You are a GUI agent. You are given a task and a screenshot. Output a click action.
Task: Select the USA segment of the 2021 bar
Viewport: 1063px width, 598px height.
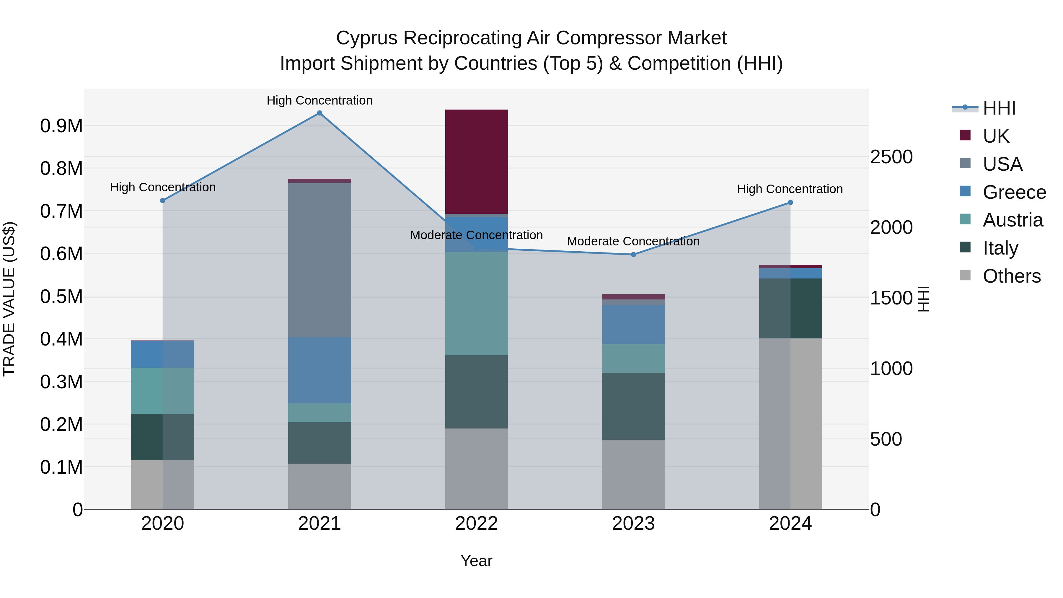(x=319, y=260)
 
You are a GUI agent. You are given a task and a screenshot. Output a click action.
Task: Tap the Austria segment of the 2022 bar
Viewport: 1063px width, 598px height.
(x=476, y=303)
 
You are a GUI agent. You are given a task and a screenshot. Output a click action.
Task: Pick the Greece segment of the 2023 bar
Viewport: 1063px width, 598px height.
(x=633, y=324)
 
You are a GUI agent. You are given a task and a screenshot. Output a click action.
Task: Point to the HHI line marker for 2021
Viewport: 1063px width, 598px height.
(x=319, y=113)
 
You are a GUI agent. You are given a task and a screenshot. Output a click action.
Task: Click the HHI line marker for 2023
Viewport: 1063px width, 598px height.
(x=633, y=255)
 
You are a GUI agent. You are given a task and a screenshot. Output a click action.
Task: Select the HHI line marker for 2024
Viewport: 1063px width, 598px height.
(x=790, y=202)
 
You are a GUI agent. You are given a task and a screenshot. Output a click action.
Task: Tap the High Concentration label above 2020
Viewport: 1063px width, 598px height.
(x=163, y=187)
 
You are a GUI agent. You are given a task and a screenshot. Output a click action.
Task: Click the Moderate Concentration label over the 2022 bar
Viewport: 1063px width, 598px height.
(x=476, y=235)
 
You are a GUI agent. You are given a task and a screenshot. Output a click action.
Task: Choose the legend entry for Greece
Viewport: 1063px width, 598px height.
(x=1014, y=192)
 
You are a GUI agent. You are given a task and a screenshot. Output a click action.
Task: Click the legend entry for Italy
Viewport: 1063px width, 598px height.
(x=1000, y=248)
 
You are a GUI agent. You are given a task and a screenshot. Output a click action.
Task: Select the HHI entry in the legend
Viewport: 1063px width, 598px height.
(x=999, y=108)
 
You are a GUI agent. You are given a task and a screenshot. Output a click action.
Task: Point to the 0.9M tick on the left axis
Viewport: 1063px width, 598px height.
(x=61, y=126)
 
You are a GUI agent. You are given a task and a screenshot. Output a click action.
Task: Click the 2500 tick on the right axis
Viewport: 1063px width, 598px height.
(x=891, y=157)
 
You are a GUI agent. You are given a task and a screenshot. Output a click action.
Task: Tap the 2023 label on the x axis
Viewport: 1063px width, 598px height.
(x=633, y=524)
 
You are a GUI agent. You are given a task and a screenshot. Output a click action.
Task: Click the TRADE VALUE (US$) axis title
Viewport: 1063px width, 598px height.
(x=9, y=299)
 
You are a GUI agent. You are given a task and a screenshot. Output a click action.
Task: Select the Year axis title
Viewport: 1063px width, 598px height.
(x=476, y=561)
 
